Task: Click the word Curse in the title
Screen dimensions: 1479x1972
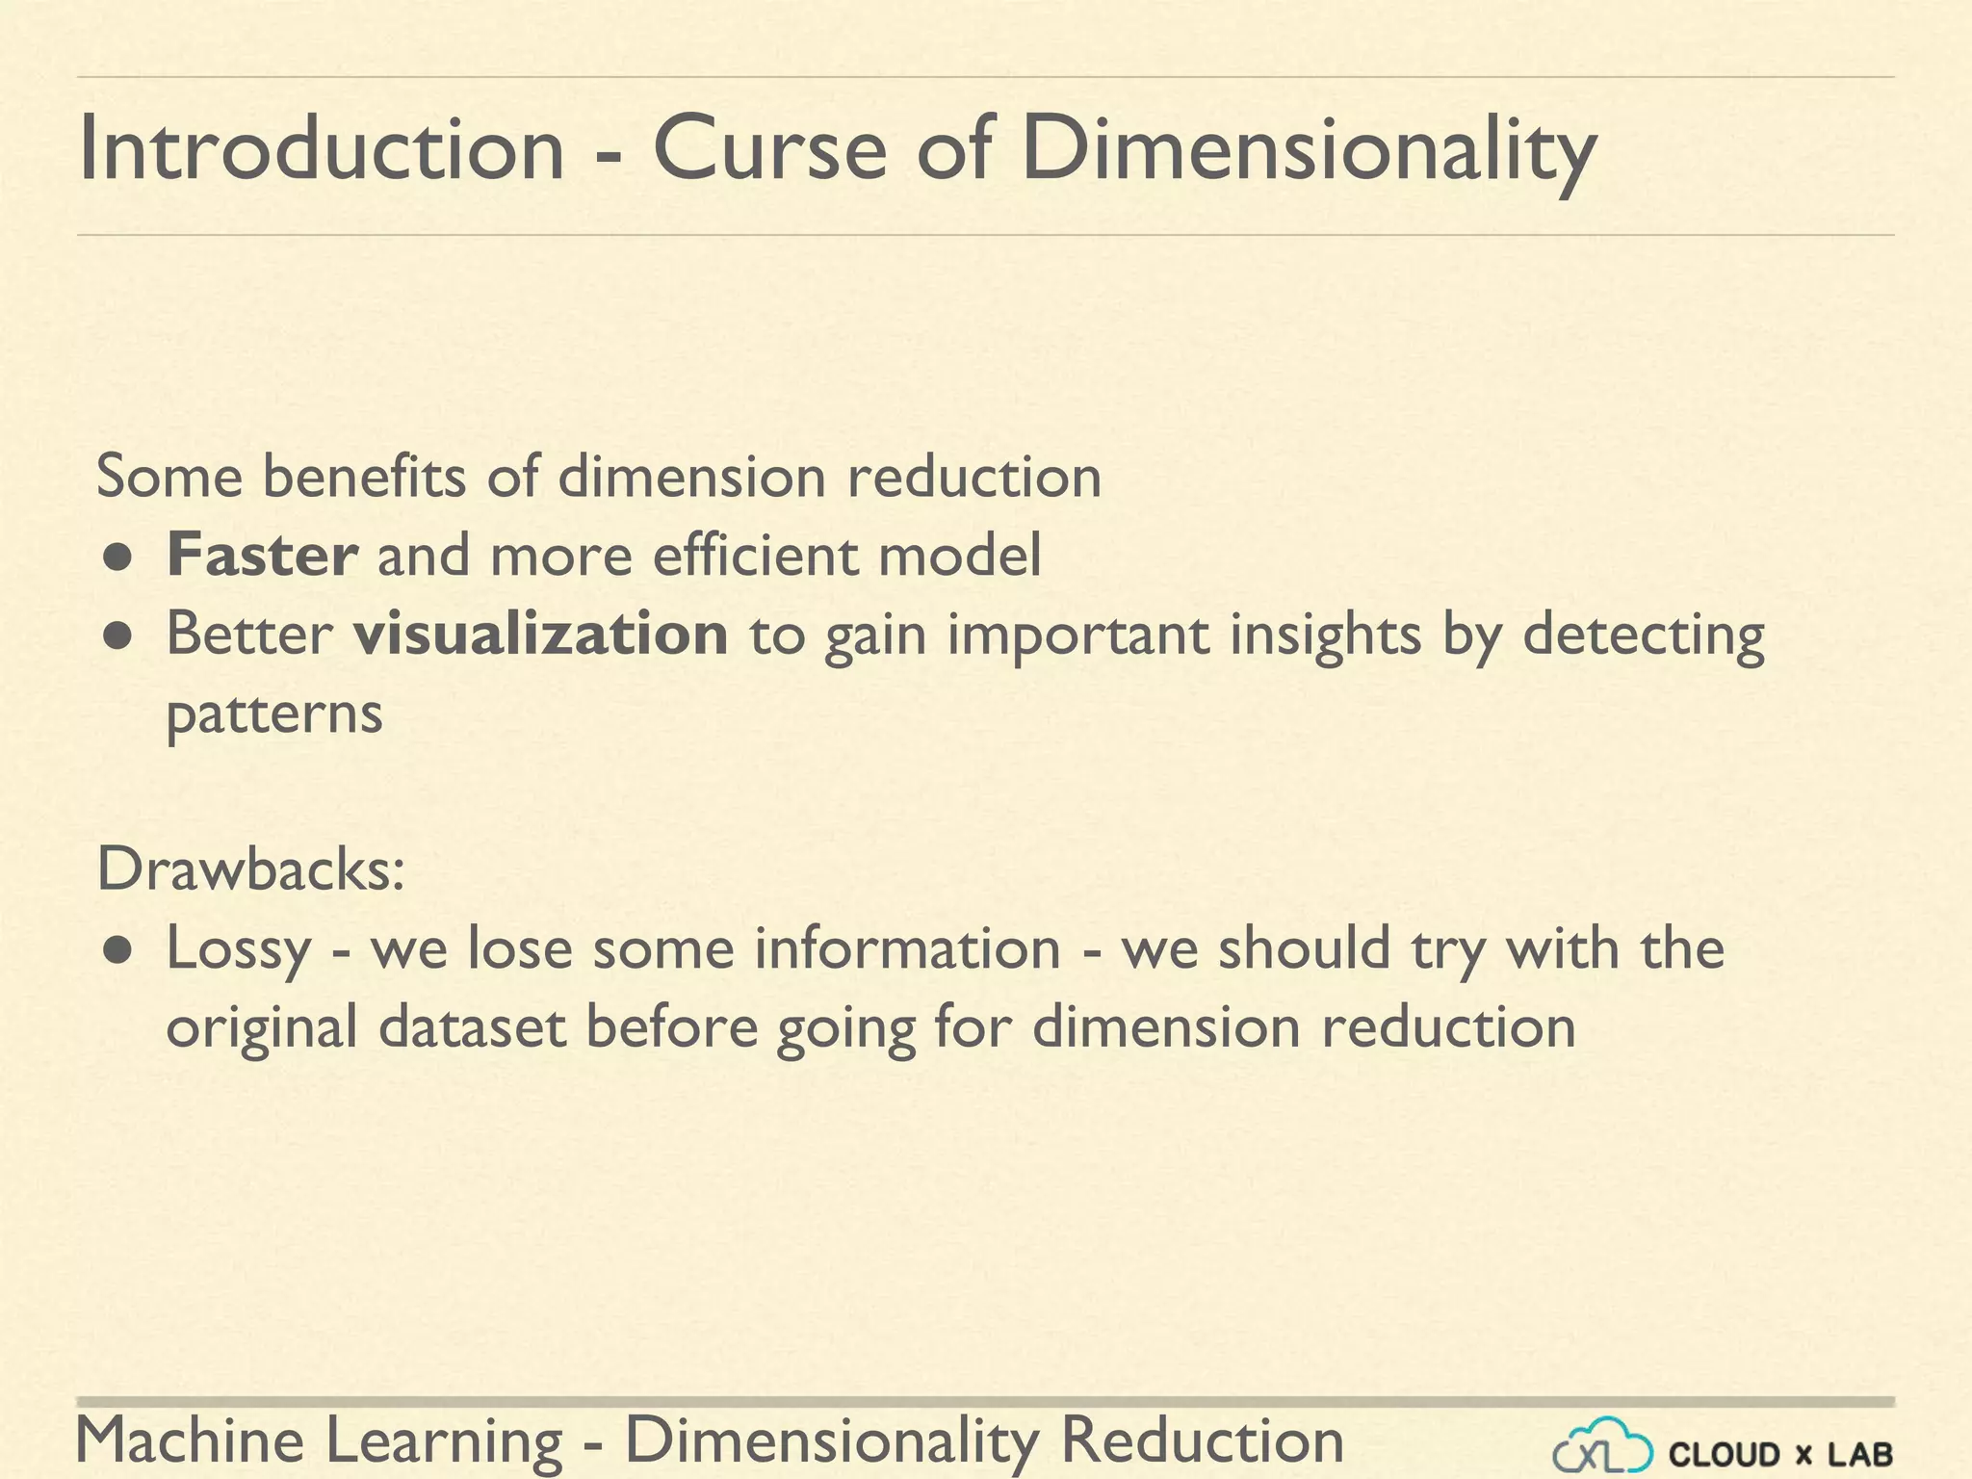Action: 769,149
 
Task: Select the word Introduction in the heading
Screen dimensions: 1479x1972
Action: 321,149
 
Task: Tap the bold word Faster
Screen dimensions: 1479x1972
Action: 262,556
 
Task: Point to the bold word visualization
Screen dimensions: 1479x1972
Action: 540,635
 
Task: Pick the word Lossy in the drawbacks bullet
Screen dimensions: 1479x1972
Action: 239,949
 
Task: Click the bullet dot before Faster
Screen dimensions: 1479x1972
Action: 117,558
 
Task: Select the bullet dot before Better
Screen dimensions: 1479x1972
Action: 117,636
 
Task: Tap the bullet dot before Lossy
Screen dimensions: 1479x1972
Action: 117,951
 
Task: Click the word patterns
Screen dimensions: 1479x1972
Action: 274,715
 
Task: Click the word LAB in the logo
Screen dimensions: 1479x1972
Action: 1860,1454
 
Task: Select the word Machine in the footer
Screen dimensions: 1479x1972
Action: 190,1441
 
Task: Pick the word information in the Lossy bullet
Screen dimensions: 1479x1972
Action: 907,948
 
